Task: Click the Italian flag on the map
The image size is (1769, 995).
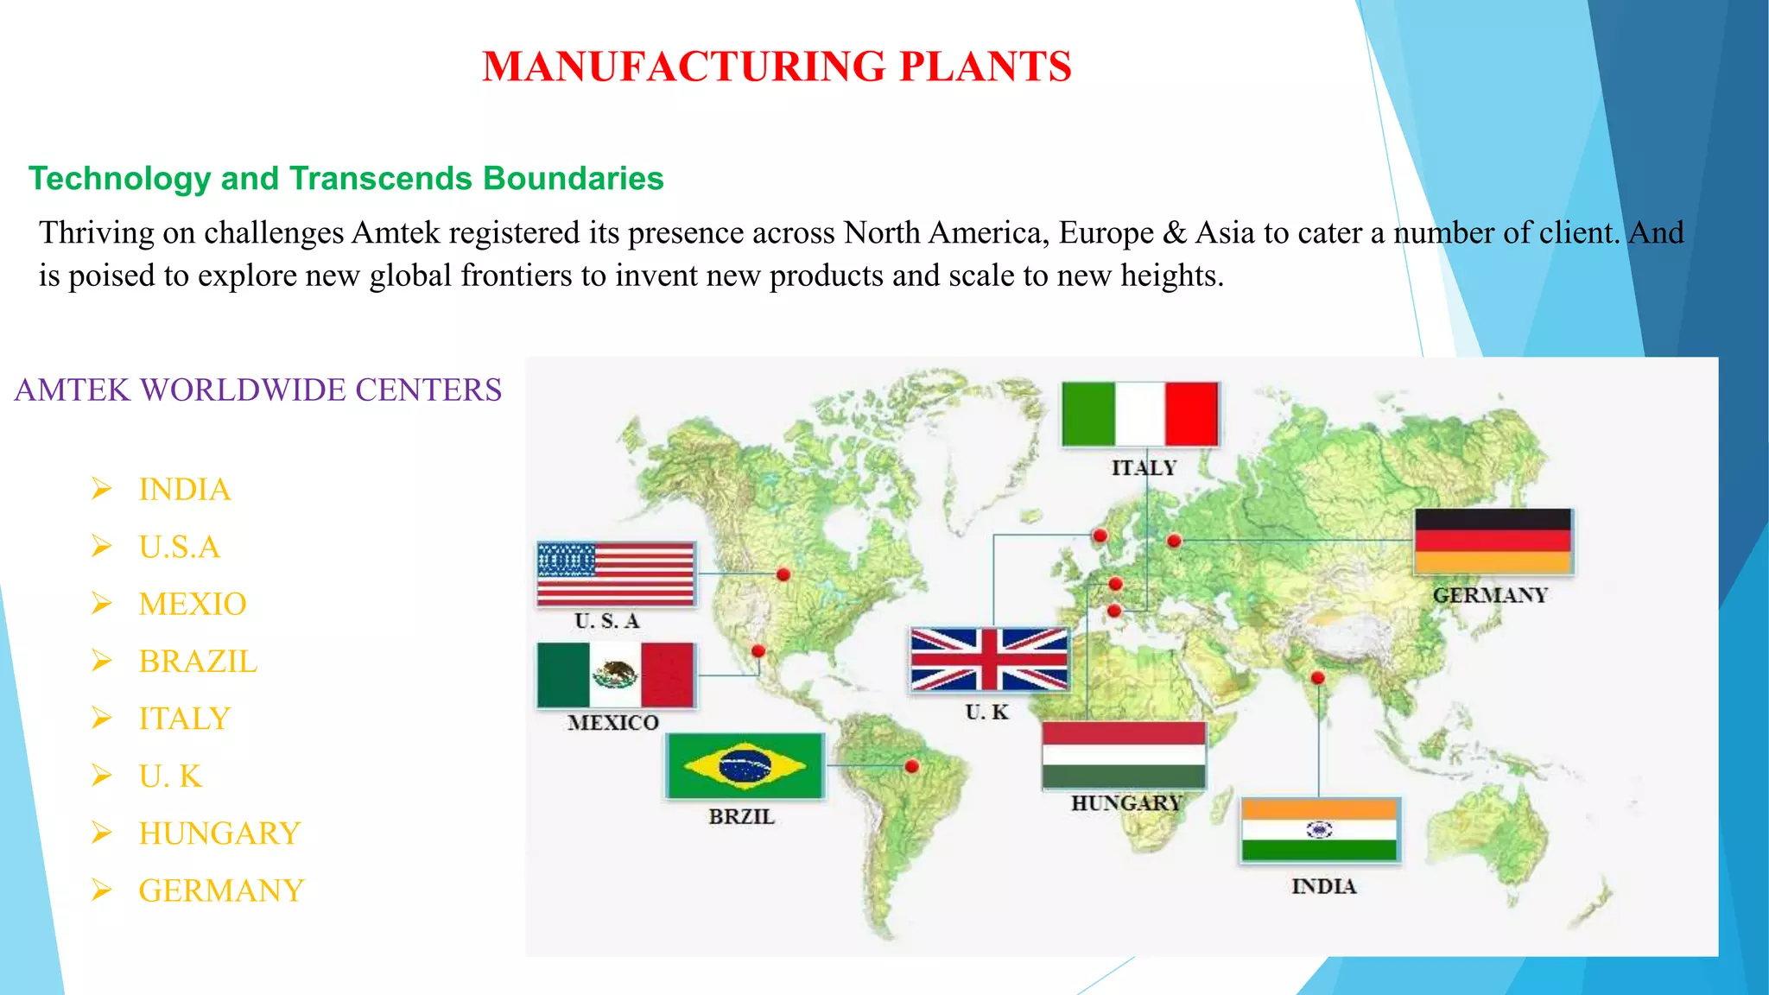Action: (x=1140, y=414)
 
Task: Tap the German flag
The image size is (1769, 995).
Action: (x=1493, y=542)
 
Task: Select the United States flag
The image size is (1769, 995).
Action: (x=616, y=574)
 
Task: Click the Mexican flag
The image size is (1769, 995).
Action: (x=615, y=675)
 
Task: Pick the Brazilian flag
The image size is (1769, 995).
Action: (x=745, y=766)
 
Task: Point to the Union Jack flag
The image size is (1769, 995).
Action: (x=990, y=659)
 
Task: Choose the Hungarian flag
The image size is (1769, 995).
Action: (x=1124, y=754)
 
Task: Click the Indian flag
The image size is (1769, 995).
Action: (x=1319, y=830)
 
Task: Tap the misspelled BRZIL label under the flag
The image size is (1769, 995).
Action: (x=741, y=816)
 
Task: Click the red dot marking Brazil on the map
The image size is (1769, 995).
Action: (x=911, y=765)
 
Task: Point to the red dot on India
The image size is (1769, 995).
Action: (x=1318, y=678)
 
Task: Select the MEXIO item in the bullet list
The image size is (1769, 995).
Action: (x=193, y=604)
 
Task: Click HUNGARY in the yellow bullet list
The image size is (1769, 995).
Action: (x=219, y=833)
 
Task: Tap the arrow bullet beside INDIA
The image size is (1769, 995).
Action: (x=102, y=490)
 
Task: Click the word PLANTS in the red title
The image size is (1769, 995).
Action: (x=985, y=67)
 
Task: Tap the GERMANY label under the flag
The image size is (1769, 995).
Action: (x=1490, y=595)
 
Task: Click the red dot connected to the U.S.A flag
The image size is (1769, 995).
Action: (x=783, y=574)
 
